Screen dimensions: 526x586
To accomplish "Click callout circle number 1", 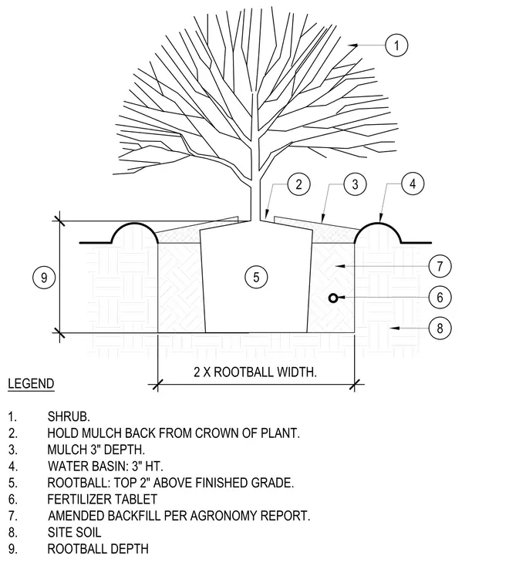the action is click(396, 45).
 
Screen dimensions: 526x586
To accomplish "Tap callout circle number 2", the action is click(298, 184).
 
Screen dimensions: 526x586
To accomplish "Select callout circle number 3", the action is click(355, 184).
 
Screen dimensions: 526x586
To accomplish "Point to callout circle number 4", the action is click(413, 184).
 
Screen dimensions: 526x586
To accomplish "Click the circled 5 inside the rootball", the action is click(256, 277).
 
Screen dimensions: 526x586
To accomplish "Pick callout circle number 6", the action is click(440, 297).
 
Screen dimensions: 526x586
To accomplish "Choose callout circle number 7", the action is click(440, 266).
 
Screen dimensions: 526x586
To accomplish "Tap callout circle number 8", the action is click(440, 328).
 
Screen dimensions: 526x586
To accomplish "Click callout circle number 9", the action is click(44, 278).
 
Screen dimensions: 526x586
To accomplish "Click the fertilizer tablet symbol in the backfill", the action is click(333, 298).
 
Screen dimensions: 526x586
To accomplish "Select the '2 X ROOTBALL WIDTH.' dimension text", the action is click(255, 372).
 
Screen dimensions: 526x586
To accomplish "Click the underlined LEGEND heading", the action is click(31, 384).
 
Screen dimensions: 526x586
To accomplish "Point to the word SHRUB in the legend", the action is click(68, 416).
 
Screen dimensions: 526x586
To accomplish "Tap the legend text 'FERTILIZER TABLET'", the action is click(102, 499).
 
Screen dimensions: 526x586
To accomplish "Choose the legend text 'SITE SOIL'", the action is click(74, 532).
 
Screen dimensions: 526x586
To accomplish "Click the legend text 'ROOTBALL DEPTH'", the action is click(98, 549).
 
